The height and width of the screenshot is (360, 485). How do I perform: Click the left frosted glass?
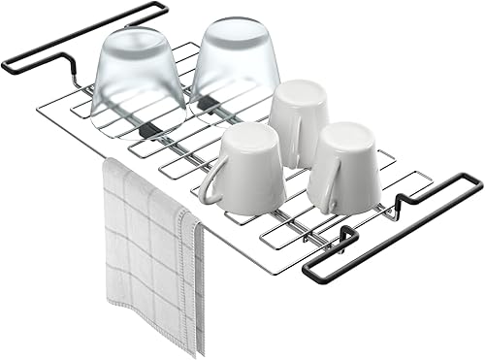[x=138, y=82]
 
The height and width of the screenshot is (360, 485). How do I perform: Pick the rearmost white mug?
[x=299, y=119]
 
